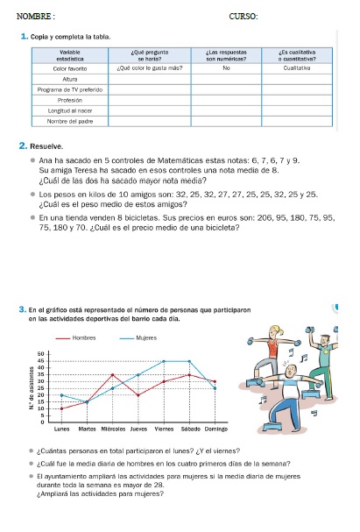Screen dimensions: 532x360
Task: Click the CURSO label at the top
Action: (243, 16)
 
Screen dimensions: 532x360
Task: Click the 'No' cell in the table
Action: (226, 67)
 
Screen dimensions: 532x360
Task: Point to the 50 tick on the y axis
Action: (40, 353)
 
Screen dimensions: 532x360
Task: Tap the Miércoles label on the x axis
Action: (112, 429)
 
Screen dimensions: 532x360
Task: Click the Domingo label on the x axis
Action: (215, 429)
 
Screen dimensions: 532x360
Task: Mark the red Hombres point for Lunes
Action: (61, 408)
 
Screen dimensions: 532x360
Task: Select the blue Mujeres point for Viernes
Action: (164, 361)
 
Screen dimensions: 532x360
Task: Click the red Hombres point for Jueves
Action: (138, 395)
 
